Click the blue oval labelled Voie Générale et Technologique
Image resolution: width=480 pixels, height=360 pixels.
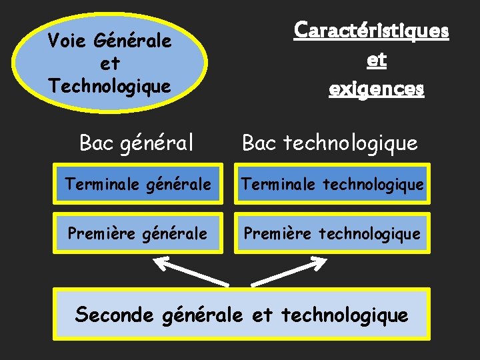click(x=110, y=63)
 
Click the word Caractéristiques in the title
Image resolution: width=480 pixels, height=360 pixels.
click(x=372, y=31)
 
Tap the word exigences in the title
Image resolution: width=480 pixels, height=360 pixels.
click(x=376, y=89)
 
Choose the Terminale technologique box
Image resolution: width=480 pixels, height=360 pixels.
click(x=332, y=183)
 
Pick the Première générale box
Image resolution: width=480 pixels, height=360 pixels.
click(x=139, y=233)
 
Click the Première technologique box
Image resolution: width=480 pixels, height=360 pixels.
click(x=332, y=233)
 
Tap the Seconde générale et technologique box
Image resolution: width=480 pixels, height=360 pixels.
click(x=241, y=314)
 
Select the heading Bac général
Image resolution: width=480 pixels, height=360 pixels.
click(x=137, y=143)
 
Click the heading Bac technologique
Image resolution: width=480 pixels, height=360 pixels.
click(x=330, y=143)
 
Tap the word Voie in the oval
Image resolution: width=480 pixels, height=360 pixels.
click(x=69, y=41)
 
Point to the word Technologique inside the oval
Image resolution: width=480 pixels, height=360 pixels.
click(x=110, y=85)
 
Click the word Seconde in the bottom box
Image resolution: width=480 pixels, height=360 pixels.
click(x=115, y=314)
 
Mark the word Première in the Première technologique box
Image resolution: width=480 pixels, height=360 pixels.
click(x=278, y=233)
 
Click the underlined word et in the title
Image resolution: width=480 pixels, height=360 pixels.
click(x=376, y=60)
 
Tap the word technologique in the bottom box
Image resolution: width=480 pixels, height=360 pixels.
click(x=345, y=315)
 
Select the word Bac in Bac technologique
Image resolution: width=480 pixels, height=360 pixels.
click(x=260, y=143)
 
